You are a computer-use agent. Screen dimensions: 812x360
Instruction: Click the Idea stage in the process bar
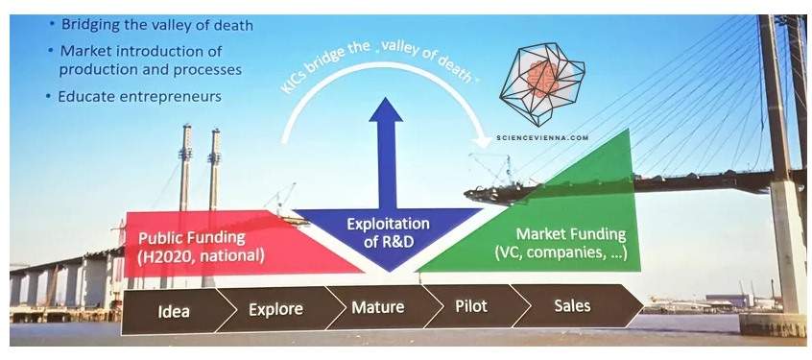click(175, 311)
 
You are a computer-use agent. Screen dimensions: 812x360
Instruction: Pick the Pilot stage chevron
click(471, 306)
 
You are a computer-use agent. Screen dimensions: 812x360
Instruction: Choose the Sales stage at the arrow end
click(572, 305)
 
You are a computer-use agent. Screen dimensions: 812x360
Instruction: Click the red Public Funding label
click(192, 237)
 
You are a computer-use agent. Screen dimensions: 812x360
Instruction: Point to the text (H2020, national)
click(202, 255)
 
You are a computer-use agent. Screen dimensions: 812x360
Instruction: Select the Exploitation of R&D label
click(388, 232)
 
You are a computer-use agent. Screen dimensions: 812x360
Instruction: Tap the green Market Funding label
click(571, 234)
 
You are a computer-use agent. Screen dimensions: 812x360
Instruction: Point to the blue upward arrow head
click(386, 108)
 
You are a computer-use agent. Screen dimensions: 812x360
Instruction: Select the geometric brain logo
click(541, 84)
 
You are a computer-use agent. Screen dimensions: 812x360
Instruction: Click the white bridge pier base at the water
click(773, 325)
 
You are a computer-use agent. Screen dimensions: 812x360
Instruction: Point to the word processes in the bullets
click(206, 69)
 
